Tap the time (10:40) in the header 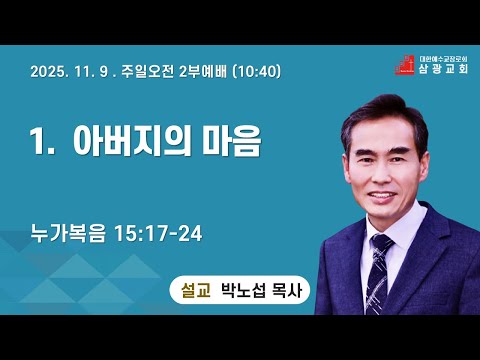coord(257,71)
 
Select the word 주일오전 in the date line coord(148,71)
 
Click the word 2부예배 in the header coord(203,71)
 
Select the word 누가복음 coord(68,233)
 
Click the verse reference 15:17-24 coord(158,233)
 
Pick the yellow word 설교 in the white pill coord(196,290)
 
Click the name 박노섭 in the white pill coord(244,290)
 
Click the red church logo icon coord(405,65)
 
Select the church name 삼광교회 coord(443,68)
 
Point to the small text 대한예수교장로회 coord(443,58)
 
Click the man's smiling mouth coord(382,196)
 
